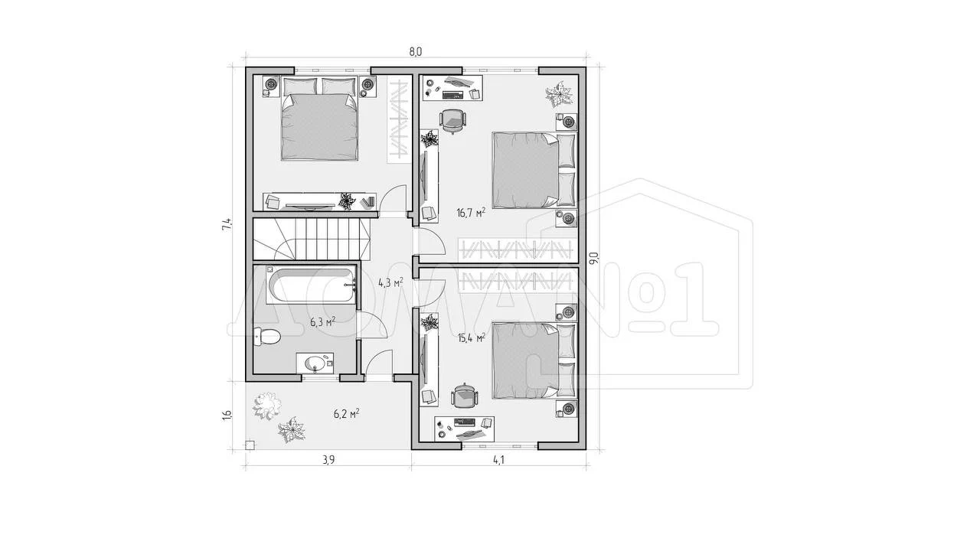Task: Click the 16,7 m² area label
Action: click(x=471, y=213)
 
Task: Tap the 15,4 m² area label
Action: click(x=472, y=337)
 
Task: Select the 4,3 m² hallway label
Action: click(x=390, y=282)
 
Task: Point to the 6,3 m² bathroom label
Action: click(x=323, y=322)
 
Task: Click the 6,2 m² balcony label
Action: click(x=347, y=413)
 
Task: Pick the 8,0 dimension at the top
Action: click(x=415, y=51)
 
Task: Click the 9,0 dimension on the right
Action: click(x=593, y=258)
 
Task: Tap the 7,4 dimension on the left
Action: click(x=226, y=224)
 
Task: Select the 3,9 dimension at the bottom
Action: click(x=328, y=460)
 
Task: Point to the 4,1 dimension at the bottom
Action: click(x=498, y=460)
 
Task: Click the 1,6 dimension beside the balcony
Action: click(x=226, y=414)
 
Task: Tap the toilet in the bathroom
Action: click(x=267, y=337)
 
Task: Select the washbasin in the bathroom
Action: click(x=315, y=363)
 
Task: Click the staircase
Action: click(x=312, y=240)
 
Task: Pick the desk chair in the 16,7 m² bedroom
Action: click(x=452, y=121)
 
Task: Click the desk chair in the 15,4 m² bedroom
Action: click(x=464, y=396)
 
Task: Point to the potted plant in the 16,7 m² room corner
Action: click(x=559, y=94)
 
